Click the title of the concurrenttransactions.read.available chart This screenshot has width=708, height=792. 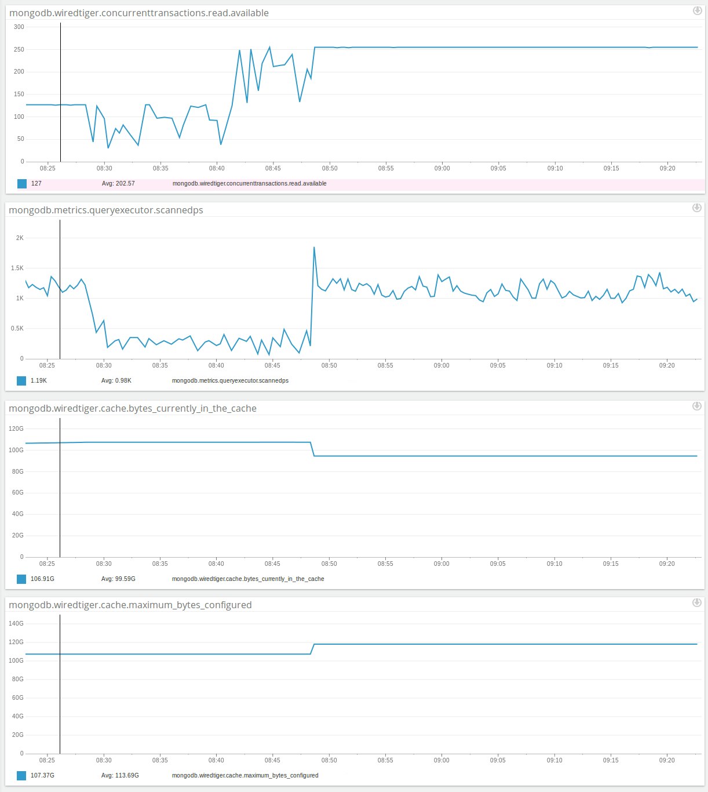coord(138,13)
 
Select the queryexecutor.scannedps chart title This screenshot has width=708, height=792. coord(106,210)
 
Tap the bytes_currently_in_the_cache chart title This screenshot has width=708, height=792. coord(133,408)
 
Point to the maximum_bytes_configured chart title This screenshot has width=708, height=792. coord(130,605)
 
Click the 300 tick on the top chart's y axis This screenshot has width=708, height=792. coord(19,27)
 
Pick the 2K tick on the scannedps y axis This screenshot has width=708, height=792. coord(20,238)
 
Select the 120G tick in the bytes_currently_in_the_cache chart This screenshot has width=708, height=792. coord(17,428)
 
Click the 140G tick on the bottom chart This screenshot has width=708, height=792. coord(17,623)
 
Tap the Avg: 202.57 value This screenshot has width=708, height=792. coord(118,183)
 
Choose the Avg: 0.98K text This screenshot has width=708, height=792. coord(116,380)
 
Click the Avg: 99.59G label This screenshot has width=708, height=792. coord(118,579)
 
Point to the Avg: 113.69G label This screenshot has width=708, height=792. coord(120,775)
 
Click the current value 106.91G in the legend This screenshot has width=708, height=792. coord(42,579)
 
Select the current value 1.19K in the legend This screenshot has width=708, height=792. coord(39,380)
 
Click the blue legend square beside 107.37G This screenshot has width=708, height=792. coord(21,775)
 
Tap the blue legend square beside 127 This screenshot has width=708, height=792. coord(22,183)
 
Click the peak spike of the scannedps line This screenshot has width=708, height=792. coord(314,248)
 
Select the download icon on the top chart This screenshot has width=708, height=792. coord(697,10)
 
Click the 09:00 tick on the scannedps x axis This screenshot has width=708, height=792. coord(441,365)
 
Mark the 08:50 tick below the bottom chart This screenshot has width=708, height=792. coord(329,760)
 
